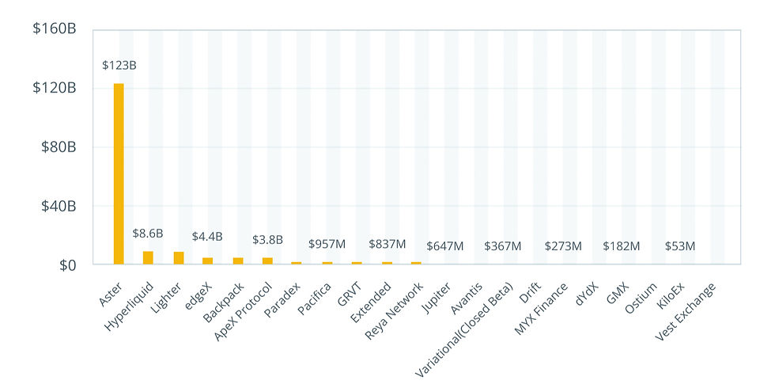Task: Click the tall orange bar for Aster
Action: click(x=119, y=173)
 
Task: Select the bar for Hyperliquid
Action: click(x=148, y=257)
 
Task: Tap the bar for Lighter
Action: click(x=178, y=257)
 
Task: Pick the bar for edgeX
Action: click(x=207, y=261)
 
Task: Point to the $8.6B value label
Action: click(x=148, y=234)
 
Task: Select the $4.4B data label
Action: click(x=207, y=237)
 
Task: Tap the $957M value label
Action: click(x=327, y=244)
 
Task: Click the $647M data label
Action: click(x=445, y=246)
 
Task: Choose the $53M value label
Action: click(x=680, y=246)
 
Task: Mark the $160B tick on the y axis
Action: click(x=54, y=29)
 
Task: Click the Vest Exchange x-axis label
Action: click(x=686, y=310)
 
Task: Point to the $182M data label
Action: click(x=622, y=246)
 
